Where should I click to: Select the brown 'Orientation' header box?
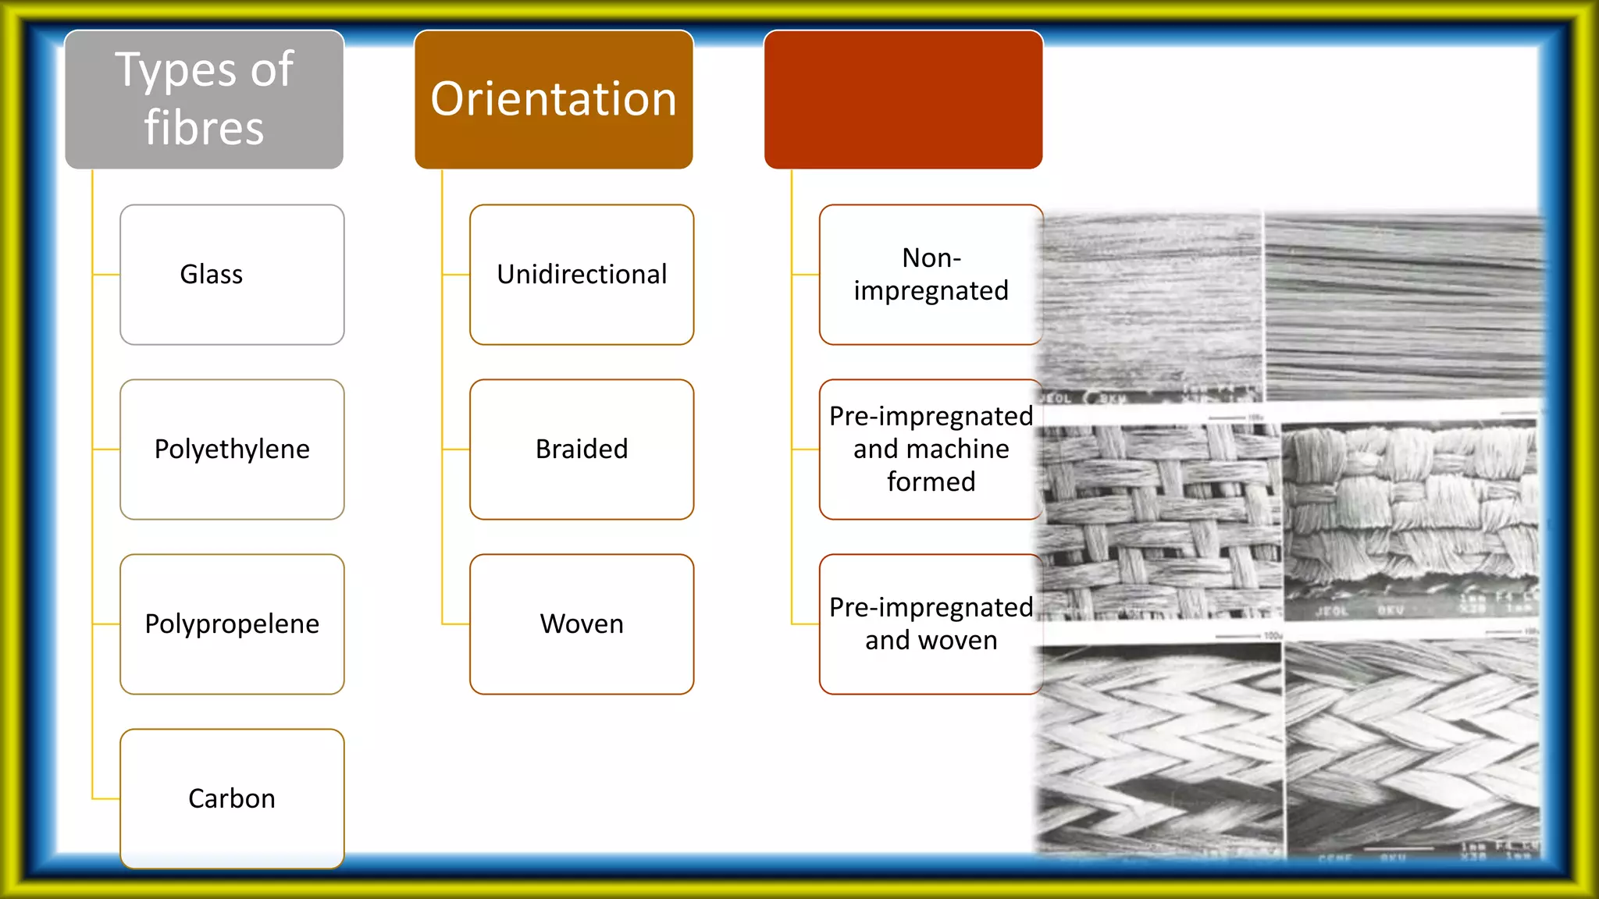[x=554, y=99]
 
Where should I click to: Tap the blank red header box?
[x=903, y=99]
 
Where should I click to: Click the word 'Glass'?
[x=211, y=275]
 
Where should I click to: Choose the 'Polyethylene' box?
[x=232, y=449]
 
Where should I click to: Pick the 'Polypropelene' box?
[x=232, y=624]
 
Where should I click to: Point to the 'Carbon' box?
[x=232, y=798]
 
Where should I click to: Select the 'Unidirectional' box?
[x=582, y=275]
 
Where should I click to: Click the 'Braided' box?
[x=582, y=449]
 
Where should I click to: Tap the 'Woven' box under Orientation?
[x=582, y=624]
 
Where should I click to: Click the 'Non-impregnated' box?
[x=931, y=275]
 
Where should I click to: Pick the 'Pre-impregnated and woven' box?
[x=931, y=624]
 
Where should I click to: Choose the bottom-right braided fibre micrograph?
[x=1412, y=749]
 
